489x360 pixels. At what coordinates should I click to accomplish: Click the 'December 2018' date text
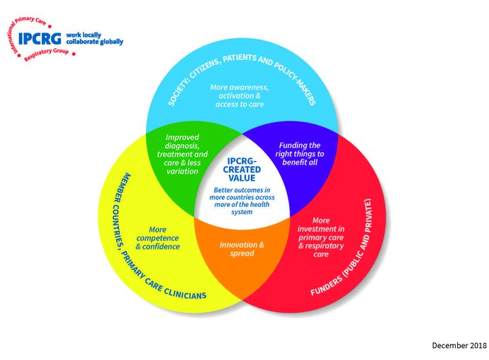coord(459,345)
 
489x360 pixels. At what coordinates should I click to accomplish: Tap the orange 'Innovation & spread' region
coord(242,249)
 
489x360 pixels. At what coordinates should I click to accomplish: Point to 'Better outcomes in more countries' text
coord(242,200)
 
